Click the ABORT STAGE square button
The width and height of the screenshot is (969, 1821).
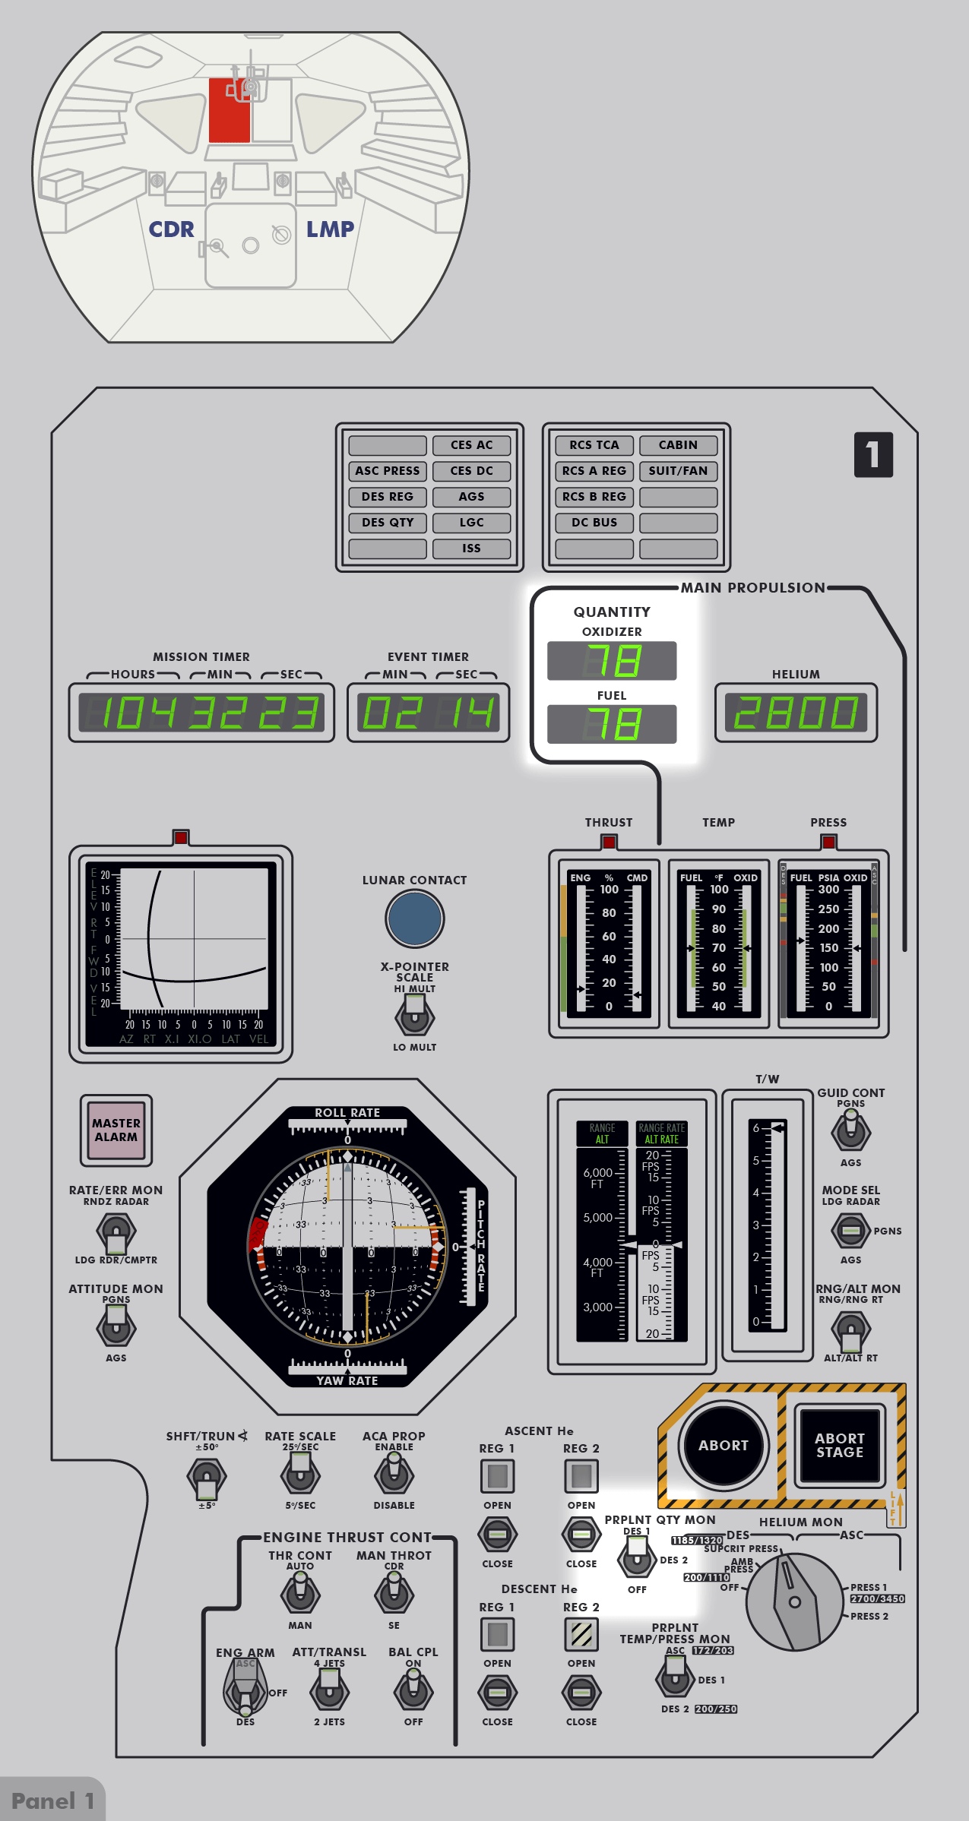[839, 1445]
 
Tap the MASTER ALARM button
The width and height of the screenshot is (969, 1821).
[116, 1130]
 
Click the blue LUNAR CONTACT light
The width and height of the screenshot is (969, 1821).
[414, 918]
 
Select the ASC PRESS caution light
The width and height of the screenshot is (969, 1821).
[388, 471]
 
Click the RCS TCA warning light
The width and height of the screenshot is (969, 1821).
[594, 445]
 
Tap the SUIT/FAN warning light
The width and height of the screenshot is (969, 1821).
[678, 471]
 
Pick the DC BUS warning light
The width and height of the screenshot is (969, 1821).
[594, 523]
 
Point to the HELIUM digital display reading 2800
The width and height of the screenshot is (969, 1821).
[796, 713]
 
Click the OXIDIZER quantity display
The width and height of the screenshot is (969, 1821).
[612, 660]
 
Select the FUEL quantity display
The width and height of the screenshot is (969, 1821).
[612, 724]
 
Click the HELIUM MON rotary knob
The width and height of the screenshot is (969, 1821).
[795, 1601]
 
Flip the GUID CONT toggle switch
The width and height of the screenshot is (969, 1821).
[850, 1130]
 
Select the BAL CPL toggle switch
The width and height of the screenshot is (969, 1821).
[413, 1691]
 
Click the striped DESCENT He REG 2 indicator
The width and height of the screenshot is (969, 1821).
[581, 1634]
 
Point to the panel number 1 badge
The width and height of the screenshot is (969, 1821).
[873, 455]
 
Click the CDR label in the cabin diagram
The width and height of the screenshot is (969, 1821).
[171, 229]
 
